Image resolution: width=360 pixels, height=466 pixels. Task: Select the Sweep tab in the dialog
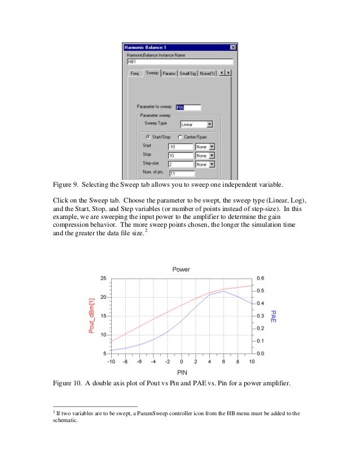pos(152,73)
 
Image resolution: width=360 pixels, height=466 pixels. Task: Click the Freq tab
pos(135,73)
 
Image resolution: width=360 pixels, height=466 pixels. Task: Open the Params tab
pos(169,73)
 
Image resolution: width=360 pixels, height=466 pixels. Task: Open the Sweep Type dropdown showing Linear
pos(196,124)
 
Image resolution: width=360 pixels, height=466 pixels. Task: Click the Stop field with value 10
pos(180,155)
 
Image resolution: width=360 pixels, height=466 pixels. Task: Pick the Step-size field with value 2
pos(180,164)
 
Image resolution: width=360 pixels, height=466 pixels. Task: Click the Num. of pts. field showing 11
pos(182,173)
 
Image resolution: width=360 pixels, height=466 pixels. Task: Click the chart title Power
pos(181,270)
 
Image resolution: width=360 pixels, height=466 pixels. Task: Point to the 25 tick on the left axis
pos(103,279)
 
